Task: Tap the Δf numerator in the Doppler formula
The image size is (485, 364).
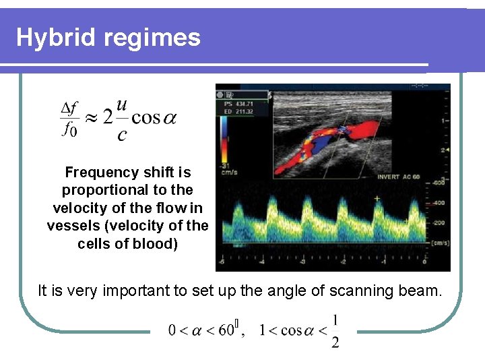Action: click(69, 108)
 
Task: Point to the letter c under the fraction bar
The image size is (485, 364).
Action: click(121, 135)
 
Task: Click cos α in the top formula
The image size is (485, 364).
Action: click(154, 118)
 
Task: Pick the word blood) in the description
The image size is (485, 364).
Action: click(156, 243)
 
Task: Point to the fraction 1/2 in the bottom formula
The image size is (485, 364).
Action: click(335, 331)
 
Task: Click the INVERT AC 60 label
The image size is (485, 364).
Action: click(399, 177)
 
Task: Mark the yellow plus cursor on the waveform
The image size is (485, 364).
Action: click(377, 199)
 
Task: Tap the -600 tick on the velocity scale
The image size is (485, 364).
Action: click(439, 182)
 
